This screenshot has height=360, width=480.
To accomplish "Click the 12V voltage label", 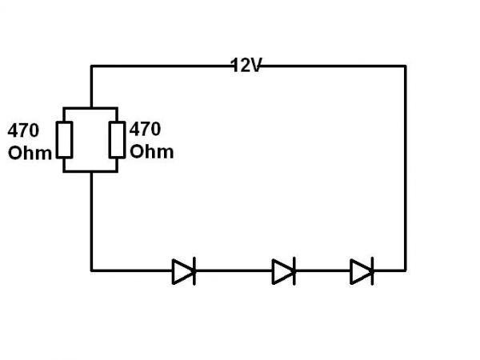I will click(x=246, y=66).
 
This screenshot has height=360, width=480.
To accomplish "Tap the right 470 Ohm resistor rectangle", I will click(x=117, y=139).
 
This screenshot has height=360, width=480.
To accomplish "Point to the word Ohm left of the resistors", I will click(x=29, y=153).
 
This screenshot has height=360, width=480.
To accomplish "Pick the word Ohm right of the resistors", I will click(x=151, y=151).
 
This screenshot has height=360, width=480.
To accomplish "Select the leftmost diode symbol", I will click(x=183, y=271).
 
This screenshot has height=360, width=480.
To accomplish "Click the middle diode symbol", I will click(x=283, y=271).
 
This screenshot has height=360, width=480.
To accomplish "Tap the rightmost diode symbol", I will click(x=362, y=271).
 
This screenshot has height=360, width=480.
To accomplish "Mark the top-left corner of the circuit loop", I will click(x=92, y=66).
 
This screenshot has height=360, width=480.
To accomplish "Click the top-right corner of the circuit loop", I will click(x=405, y=66).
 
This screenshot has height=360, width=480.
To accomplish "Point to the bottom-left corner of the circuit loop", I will click(x=92, y=270).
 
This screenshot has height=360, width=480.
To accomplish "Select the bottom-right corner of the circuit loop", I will click(x=405, y=270).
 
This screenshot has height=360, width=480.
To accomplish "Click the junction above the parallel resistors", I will click(x=92, y=108).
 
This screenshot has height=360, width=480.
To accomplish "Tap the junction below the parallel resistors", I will click(x=92, y=170).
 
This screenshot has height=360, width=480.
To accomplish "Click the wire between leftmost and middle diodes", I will click(x=234, y=270).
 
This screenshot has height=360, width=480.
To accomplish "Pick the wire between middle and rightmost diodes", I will click(x=323, y=270).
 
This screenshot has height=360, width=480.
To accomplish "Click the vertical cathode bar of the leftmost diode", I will click(x=194, y=271).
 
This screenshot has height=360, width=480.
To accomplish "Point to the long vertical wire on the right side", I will click(x=405, y=168).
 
